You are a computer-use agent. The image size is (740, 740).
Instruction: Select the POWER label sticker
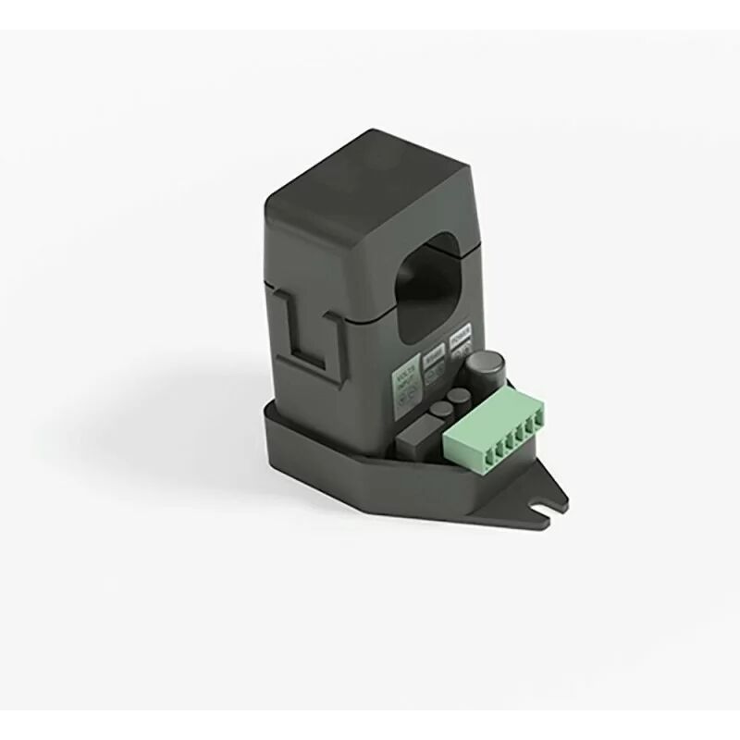[x=459, y=335]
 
